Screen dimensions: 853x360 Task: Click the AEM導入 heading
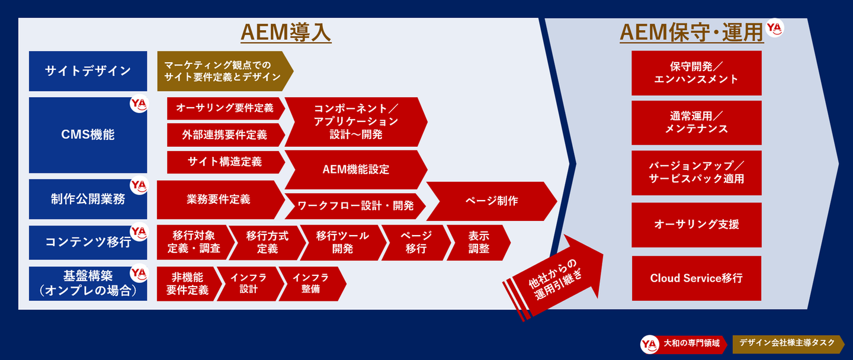286,33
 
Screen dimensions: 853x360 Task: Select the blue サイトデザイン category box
88,71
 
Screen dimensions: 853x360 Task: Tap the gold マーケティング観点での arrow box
225,71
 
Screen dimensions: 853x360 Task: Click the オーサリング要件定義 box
226,108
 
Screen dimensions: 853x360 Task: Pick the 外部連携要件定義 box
226,135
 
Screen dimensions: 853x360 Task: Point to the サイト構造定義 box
226,162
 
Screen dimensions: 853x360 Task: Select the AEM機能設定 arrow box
356,169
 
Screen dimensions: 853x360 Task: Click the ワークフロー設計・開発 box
355,206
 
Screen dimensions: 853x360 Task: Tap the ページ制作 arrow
492,201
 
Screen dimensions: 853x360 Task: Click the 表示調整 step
479,242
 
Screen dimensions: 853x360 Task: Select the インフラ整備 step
312,284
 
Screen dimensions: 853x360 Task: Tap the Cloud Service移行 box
697,278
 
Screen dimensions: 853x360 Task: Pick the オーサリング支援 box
697,224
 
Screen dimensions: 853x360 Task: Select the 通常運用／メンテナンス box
697,123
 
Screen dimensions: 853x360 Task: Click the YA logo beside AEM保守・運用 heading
775,28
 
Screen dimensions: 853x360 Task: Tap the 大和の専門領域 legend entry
684,344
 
